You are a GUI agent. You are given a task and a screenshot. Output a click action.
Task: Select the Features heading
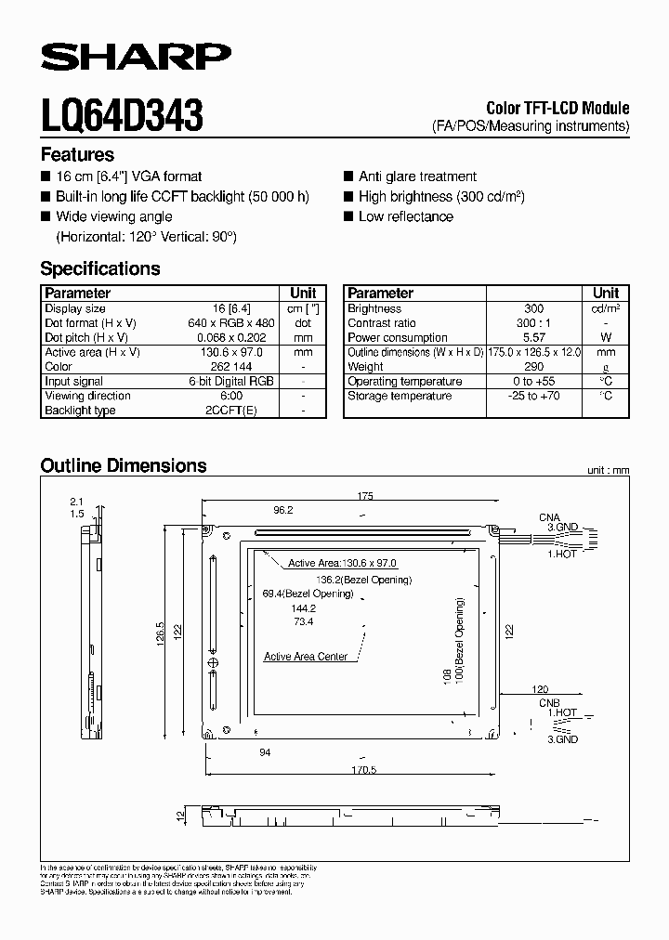(x=77, y=155)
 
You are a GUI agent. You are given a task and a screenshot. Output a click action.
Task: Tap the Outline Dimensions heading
(x=124, y=465)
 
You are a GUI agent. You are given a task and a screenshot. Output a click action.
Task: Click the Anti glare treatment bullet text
(x=417, y=176)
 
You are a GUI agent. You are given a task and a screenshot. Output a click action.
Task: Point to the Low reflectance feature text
(x=406, y=216)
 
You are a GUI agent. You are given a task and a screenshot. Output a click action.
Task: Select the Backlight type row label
(x=80, y=410)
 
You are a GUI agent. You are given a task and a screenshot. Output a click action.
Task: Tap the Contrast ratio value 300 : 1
(x=533, y=322)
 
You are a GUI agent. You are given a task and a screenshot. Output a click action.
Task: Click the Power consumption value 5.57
(x=533, y=337)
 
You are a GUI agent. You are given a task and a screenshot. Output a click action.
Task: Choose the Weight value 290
(x=533, y=367)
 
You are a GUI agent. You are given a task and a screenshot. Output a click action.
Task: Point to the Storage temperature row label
(x=400, y=396)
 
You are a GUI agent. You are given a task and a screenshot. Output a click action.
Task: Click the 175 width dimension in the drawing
(x=364, y=497)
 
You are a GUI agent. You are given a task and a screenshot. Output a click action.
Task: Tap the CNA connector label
(x=550, y=516)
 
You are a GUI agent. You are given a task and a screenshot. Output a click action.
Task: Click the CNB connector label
(x=550, y=704)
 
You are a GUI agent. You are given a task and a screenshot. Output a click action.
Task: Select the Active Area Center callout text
(x=306, y=657)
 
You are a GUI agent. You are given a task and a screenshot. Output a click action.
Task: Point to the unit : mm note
(x=608, y=471)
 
